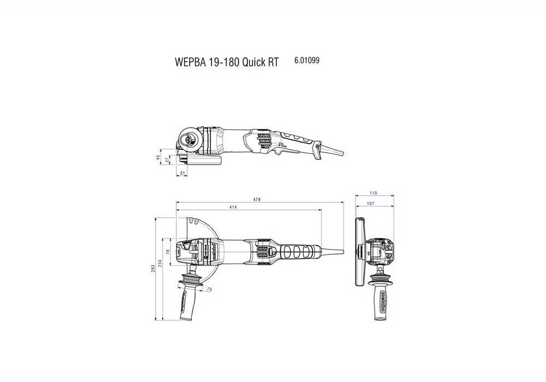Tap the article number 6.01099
tap(307, 62)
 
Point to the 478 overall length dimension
tap(257, 200)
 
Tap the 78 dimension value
tap(168, 252)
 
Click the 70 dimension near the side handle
tap(209, 289)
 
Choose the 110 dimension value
tap(373, 194)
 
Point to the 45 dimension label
tap(158, 157)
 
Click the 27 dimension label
tap(167, 160)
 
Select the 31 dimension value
tap(182, 173)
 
